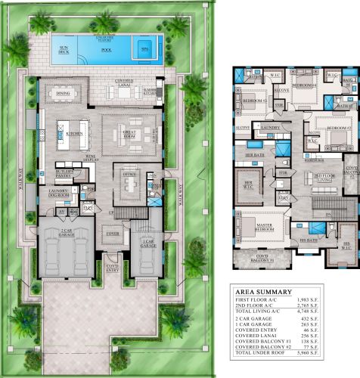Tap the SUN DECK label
pos(64,50)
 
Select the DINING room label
pos(62,94)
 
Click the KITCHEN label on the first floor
pos(75,133)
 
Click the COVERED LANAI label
pos(129,79)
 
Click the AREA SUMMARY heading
pos(263,291)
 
